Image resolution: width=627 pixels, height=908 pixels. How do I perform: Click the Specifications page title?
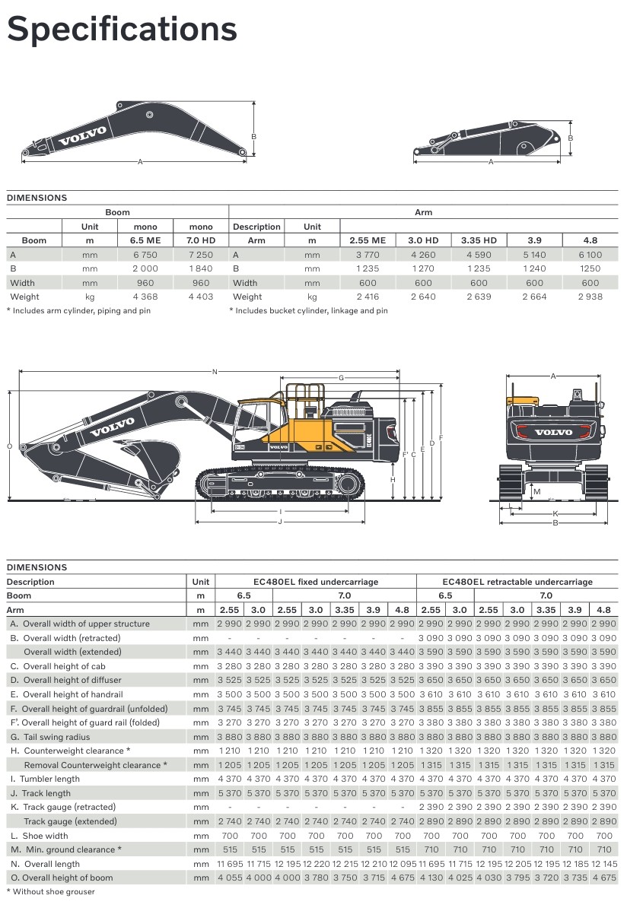tap(122, 30)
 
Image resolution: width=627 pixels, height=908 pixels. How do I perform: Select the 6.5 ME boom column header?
tap(145, 240)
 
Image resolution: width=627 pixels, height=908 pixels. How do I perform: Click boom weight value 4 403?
tap(201, 297)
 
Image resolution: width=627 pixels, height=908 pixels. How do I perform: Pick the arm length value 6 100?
tap(590, 255)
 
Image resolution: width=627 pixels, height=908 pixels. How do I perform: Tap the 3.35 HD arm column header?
tap(479, 240)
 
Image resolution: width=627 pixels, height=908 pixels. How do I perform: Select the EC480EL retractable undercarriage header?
tap(517, 582)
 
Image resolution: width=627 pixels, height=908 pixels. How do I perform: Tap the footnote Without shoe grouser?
tap(53, 891)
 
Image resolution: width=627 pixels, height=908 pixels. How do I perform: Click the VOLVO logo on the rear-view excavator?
tap(553, 433)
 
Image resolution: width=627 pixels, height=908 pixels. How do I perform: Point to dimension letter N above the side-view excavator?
tap(215, 372)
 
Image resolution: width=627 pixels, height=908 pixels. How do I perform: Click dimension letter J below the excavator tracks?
tap(280, 522)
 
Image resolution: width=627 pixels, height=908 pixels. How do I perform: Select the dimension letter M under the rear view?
tap(536, 491)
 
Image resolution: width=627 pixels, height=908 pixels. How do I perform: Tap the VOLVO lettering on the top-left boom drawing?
tap(83, 136)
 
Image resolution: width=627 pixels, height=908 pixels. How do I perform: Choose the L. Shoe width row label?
tap(40, 836)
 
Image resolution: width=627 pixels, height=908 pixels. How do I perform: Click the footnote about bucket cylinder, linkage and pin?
tap(309, 310)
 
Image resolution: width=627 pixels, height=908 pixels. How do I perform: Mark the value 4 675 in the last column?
tap(603, 878)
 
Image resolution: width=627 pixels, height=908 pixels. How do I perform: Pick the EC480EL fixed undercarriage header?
tap(316, 582)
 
